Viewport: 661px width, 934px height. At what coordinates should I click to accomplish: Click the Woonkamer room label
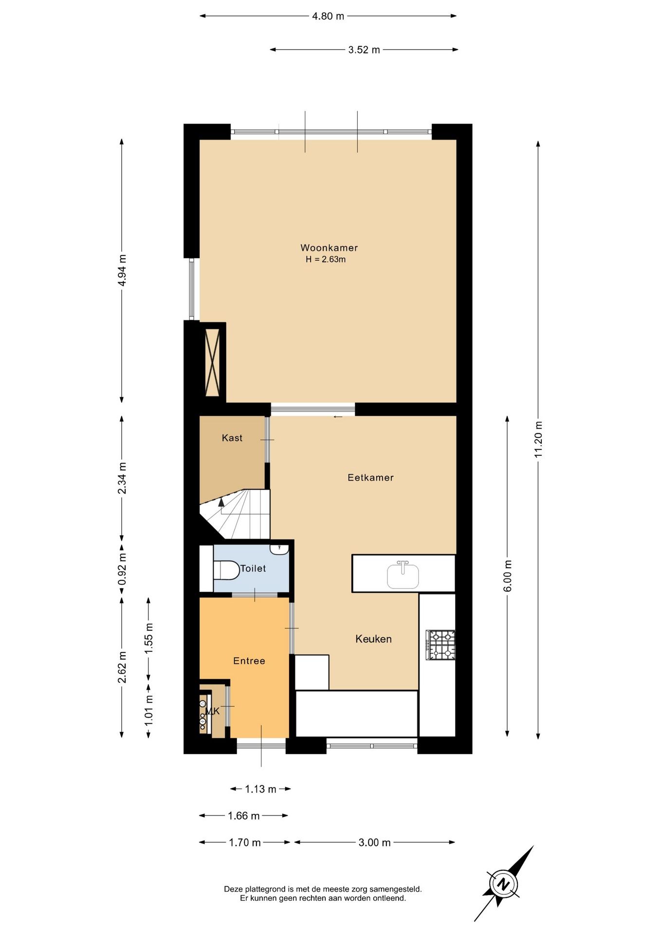pyautogui.click(x=329, y=248)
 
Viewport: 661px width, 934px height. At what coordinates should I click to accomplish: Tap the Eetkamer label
pyautogui.click(x=370, y=478)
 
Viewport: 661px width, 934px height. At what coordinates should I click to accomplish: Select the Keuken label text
pyautogui.click(x=373, y=639)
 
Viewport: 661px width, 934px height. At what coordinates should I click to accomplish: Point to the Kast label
pyautogui.click(x=232, y=438)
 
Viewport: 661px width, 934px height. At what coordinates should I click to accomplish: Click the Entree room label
pyautogui.click(x=249, y=661)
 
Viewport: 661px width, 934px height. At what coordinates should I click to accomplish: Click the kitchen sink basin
pyautogui.click(x=403, y=575)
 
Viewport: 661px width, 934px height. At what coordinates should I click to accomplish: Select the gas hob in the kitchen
pyautogui.click(x=441, y=645)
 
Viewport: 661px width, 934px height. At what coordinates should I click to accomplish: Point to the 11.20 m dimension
pyautogui.click(x=538, y=439)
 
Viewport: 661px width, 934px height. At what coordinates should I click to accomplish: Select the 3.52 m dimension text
pyautogui.click(x=364, y=50)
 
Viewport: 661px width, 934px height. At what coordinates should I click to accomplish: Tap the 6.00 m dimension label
pyautogui.click(x=508, y=576)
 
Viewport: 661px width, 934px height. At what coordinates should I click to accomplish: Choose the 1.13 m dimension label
pyautogui.click(x=260, y=789)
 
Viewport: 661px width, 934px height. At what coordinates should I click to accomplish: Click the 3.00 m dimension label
pyautogui.click(x=375, y=843)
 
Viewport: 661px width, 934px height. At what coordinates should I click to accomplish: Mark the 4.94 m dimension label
pyautogui.click(x=122, y=270)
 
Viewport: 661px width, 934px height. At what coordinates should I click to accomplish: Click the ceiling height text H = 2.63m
pyautogui.click(x=326, y=259)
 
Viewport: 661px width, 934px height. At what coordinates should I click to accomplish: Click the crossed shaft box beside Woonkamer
pyautogui.click(x=213, y=362)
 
